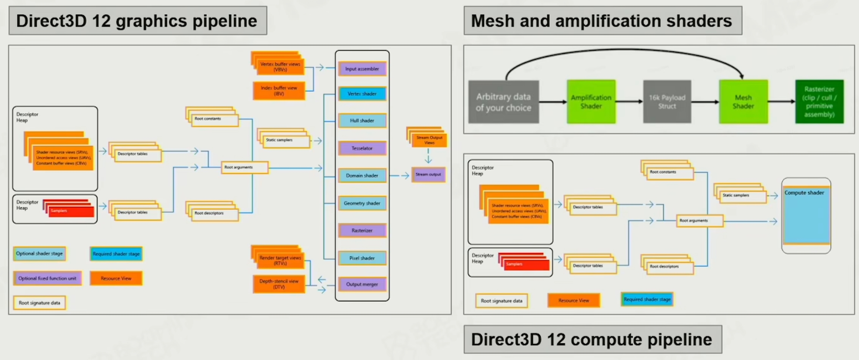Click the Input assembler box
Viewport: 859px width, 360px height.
[362, 69]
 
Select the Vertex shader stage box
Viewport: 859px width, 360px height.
[362, 94]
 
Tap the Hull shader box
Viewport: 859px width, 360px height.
[362, 121]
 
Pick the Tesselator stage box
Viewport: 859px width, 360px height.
[362, 148]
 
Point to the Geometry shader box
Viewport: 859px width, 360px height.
[362, 203]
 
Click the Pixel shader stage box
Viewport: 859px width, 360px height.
[362, 258]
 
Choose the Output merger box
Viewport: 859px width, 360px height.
[362, 284]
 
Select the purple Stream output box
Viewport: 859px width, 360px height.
[428, 174]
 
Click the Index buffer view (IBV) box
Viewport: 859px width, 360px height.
[279, 91]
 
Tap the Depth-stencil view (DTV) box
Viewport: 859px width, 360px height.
[279, 284]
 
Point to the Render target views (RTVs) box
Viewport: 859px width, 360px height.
[280, 260]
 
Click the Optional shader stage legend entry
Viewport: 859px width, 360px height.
[40, 254]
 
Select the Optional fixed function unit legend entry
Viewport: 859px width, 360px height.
[47, 278]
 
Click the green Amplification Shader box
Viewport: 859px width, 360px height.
[591, 102]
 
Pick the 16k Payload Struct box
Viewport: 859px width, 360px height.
[667, 102]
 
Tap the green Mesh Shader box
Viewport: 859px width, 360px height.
[743, 102]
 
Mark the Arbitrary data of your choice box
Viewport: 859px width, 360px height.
[503, 102]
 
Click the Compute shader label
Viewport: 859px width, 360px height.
[804, 193]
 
